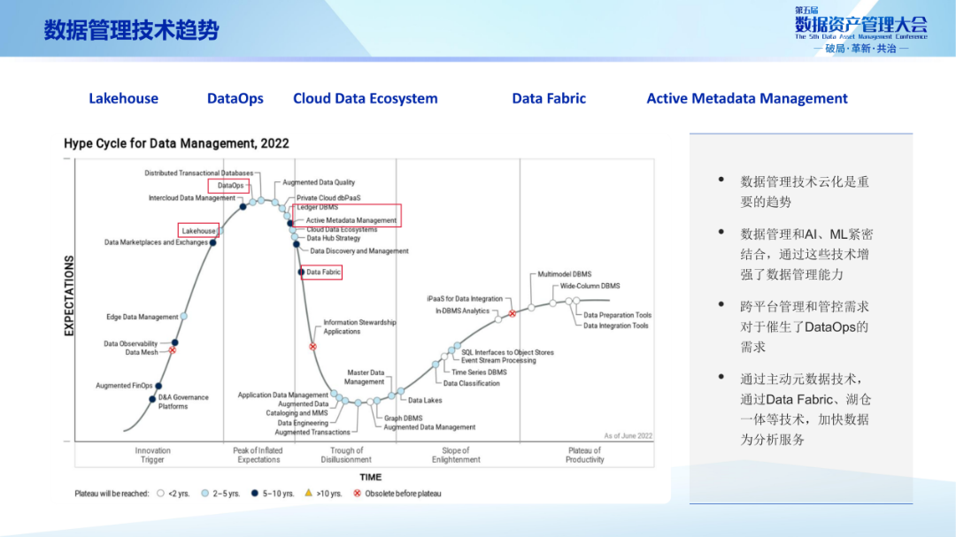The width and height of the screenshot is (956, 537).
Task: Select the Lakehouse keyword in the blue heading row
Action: pyautogui.click(x=123, y=98)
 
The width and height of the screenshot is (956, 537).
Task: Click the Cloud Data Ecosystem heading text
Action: pyautogui.click(x=365, y=98)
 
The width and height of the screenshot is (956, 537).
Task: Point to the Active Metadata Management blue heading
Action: pyautogui.click(x=746, y=98)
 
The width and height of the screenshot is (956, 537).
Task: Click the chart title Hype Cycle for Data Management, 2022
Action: pyautogui.click(x=176, y=143)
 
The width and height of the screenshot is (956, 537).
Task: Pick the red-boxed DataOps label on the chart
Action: pyautogui.click(x=230, y=186)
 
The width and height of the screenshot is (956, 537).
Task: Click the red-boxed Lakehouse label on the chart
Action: pyautogui.click(x=199, y=231)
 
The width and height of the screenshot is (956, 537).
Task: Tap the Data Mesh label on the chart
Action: pyautogui.click(x=142, y=352)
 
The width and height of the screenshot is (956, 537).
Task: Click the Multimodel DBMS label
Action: pyautogui.click(x=565, y=274)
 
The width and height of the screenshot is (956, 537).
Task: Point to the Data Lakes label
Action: pyautogui.click(x=425, y=401)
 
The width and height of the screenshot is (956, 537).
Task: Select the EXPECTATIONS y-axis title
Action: pyautogui.click(x=69, y=295)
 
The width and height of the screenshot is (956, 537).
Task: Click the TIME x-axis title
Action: pyautogui.click(x=371, y=478)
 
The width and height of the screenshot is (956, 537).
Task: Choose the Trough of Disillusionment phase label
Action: pyautogui.click(x=346, y=455)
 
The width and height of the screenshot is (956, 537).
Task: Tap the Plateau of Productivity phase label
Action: pyautogui.click(x=584, y=455)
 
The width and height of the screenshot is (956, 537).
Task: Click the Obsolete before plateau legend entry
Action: pyautogui.click(x=403, y=494)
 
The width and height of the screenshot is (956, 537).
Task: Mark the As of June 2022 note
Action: pyautogui.click(x=628, y=436)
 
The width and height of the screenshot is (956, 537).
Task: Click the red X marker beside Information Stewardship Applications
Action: pyautogui.click(x=312, y=346)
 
